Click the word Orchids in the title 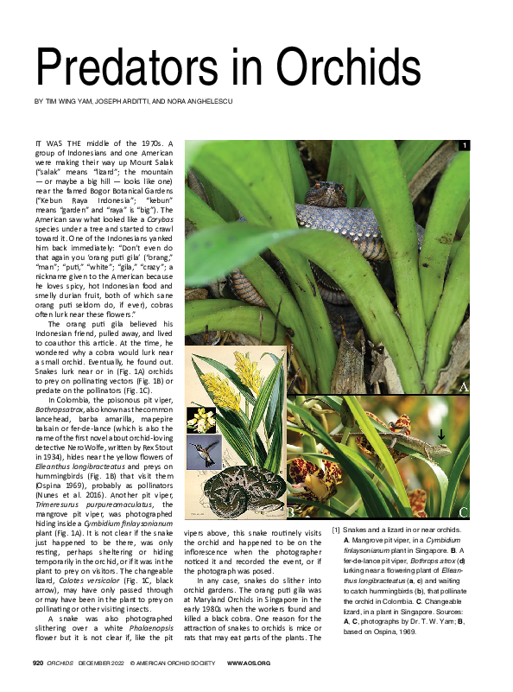[351, 66]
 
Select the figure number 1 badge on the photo [464, 145]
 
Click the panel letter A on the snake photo [463, 387]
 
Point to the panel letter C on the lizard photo [463, 512]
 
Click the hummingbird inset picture [204, 450]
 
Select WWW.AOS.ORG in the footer [249, 663]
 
